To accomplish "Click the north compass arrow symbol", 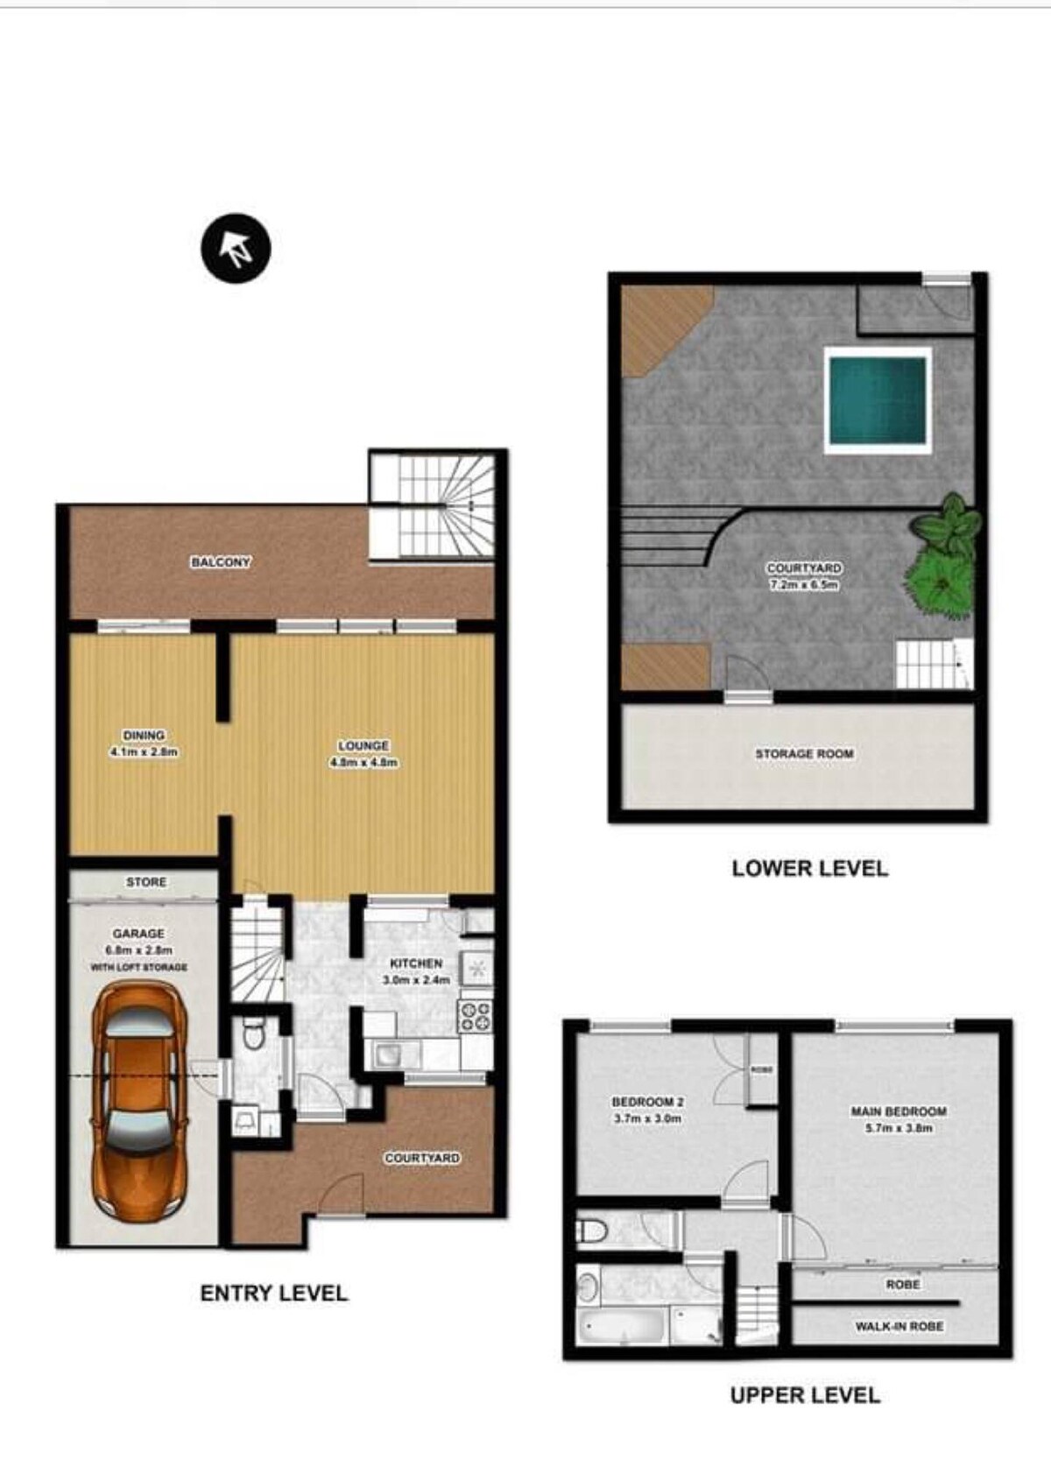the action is pyautogui.click(x=236, y=248).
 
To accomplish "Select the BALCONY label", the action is pyautogui.click(x=221, y=561).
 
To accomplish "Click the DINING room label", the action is pyautogui.click(x=145, y=735).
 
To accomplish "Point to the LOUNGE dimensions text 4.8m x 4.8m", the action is pyautogui.click(x=363, y=762).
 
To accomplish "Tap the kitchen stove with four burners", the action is pyautogui.click(x=476, y=1016).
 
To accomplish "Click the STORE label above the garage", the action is pyautogui.click(x=146, y=882).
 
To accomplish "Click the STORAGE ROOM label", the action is pyautogui.click(x=805, y=753).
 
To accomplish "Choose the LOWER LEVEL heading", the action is pyautogui.click(x=810, y=868).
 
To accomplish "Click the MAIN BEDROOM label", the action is pyautogui.click(x=899, y=1111).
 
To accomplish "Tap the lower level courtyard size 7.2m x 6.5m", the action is pyautogui.click(x=805, y=584).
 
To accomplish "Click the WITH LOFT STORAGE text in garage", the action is pyautogui.click(x=139, y=967).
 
